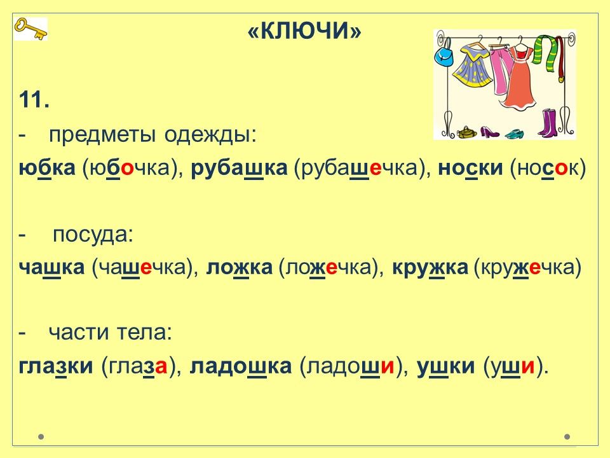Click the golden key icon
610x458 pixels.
pos(30,29)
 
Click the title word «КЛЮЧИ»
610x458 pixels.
pos(304,30)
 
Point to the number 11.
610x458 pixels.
pos(34,100)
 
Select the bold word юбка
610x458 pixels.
pos(46,168)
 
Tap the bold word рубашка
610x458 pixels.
pos(240,168)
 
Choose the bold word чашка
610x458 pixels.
pos(51,267)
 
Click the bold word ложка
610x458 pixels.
pos(240,267)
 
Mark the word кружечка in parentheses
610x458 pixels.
pos(527,267)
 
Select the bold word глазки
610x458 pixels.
pos(56,366)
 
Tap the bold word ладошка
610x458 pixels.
pos(240,366)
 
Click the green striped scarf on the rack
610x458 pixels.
pos(545,53)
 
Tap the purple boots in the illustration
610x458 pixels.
pos(548,123)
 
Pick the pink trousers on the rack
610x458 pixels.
pos(499,68)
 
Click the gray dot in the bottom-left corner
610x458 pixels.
pos(41,436)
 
